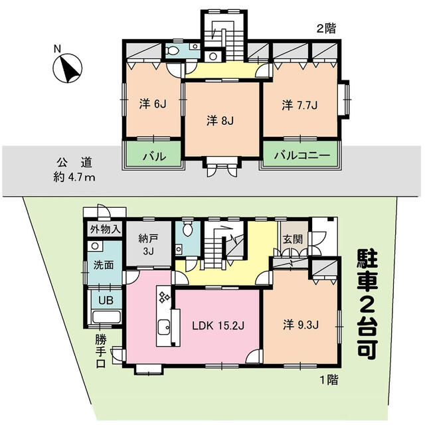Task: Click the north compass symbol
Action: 67,68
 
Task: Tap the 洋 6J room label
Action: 153,104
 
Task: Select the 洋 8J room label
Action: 220,121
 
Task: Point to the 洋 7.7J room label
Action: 299,105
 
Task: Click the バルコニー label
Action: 302,155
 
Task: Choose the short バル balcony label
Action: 154,157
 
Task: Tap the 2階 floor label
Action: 326,28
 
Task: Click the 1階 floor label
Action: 329,380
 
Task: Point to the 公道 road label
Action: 74,163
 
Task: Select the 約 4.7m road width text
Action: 74,177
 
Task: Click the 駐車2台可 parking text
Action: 367,305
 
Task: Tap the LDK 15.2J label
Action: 218,325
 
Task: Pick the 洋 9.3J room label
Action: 301,325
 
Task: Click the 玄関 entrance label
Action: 292,239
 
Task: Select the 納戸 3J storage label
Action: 149,245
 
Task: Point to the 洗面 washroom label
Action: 104,265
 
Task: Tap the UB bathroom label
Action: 106,301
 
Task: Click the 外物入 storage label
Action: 105,230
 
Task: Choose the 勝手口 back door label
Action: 100,351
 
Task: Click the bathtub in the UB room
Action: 106,317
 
